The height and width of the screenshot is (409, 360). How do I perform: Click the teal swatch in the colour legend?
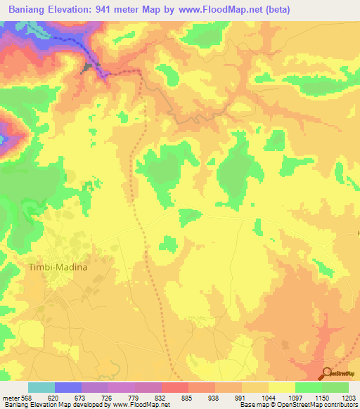41,387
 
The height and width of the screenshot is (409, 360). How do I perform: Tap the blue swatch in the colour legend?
68,387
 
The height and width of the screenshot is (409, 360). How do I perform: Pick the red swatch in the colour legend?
175,387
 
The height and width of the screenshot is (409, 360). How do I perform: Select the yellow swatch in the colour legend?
282,387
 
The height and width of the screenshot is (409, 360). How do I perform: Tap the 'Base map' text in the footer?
254,405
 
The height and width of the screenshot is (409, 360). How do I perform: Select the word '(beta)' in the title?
274,10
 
